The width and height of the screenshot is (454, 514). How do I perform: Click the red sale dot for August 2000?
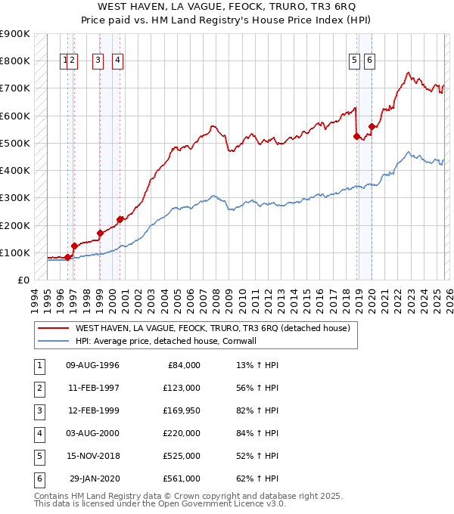[x=120, y=219]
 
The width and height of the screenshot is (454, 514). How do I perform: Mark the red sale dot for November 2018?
[x=357, y=136]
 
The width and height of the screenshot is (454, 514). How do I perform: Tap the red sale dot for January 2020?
[x=372, y=126]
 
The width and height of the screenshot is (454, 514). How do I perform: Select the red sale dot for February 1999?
[x=100, y=233]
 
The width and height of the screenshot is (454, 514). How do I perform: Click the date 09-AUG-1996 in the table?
[x=93, y=365]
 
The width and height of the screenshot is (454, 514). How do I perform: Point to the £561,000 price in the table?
[x=182, y=478]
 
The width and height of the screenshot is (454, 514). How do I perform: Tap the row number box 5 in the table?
[x=39, y=456]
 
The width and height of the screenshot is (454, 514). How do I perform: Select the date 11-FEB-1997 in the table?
[x=93, y=388]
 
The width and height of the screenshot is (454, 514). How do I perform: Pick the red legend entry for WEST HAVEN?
[x=212, y=329]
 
